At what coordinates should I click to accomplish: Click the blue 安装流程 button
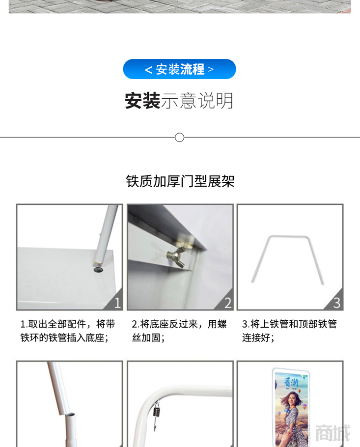point(179,69)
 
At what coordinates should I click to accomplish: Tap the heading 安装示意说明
point(179,101)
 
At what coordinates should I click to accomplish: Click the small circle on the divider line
point(180,138)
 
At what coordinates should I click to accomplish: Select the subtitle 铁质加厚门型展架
point(180,181)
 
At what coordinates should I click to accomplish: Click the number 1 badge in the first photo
point(117,303)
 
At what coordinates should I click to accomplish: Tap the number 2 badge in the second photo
point(227,303)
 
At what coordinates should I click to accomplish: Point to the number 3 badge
point(336,303)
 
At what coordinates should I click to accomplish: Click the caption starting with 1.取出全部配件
point(68,331)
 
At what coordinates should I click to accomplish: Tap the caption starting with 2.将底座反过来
point(179,331)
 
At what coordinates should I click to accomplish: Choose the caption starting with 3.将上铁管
point(289,331)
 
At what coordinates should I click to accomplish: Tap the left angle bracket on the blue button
point(148,70)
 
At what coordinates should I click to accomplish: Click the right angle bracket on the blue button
point(211,69)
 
